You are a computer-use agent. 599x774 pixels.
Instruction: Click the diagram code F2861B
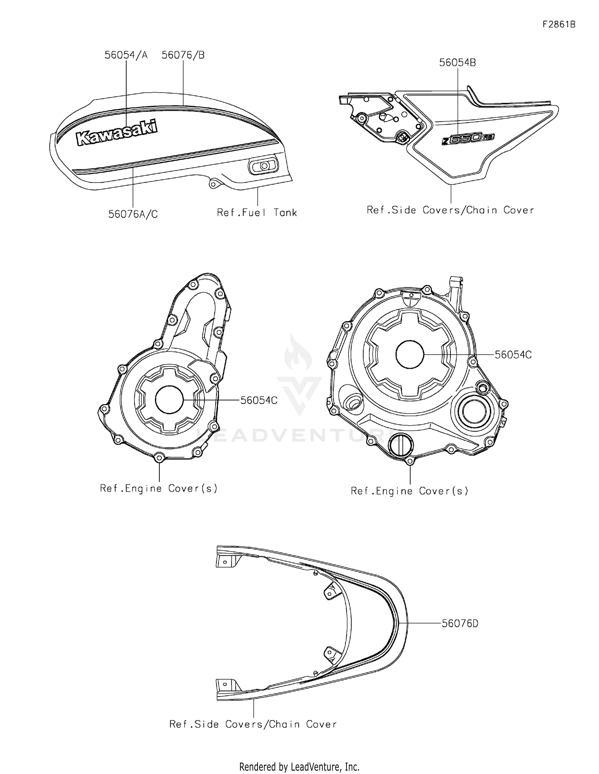tap(559, 24)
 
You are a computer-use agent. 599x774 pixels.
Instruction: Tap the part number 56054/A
tap(126, 55)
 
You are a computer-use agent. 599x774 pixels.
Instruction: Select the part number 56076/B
tap(183, 55)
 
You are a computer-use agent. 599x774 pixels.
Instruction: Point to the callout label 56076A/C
tap(133, 214)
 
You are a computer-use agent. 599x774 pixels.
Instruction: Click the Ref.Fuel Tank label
tap(257, 212)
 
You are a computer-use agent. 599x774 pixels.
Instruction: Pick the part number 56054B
tap(458, 63)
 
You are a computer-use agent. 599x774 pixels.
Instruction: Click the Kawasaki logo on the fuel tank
tap(117, 133)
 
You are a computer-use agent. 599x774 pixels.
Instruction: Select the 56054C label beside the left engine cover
tap(259, 400)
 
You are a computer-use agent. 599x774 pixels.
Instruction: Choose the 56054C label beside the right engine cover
tap(513, 355)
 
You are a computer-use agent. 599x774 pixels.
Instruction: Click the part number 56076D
tap(460, 623)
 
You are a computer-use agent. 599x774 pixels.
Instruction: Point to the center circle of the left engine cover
tap(169, 400)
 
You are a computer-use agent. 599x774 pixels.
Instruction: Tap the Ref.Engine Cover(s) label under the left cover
tap(159, 488)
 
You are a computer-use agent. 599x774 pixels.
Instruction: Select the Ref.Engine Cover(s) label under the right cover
tap(409, 491)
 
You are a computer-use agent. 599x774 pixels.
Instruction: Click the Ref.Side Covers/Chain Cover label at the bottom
tap(253, 724)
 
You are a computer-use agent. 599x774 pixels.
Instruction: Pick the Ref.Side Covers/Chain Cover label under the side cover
tap(450, 210)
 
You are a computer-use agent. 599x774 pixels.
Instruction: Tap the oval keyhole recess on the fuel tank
tap(263, 165)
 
